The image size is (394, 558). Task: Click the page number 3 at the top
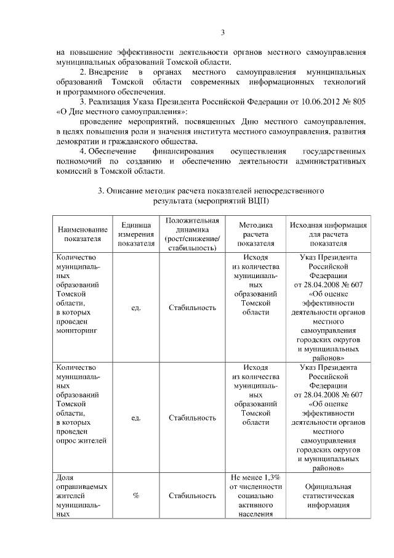(224, 33)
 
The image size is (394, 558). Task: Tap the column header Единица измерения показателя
(137, 234)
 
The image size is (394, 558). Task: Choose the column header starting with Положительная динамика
(192, 234)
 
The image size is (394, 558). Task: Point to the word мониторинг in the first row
(77, 331)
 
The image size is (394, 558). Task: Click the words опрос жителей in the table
(81, 440)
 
